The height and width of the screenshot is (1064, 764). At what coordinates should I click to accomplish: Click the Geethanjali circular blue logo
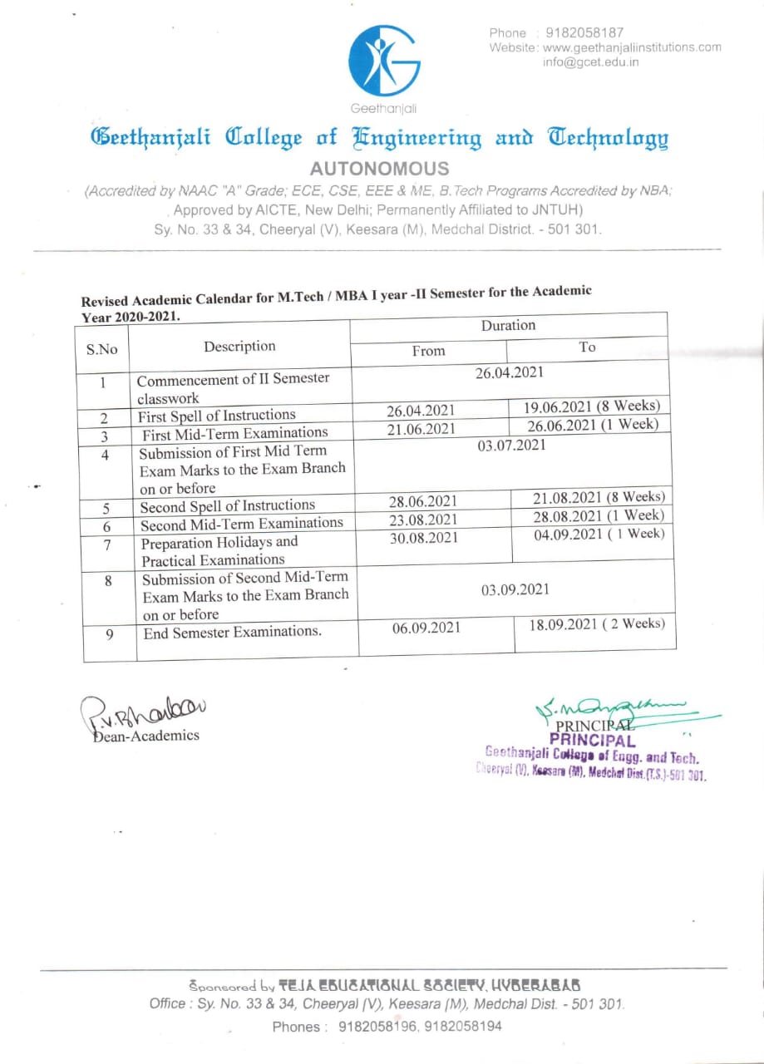[x=384, y=61]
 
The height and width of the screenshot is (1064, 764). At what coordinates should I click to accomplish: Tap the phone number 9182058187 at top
[x=584, y=33]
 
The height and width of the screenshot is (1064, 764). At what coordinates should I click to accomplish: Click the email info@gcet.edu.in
[x=591, y=62]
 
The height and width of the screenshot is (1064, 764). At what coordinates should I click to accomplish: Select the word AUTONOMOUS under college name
[x=379, y=169]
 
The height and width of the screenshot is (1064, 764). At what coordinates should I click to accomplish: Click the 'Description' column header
[x=239, y=346]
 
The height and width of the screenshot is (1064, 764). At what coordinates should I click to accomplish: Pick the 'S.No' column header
[x=102, y=349]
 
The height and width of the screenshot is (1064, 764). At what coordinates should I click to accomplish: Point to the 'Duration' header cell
[x=508, y=325]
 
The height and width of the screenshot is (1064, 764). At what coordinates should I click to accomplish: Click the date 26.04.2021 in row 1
[x=509, y=373]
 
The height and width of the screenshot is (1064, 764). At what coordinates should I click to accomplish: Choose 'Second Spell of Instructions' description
[x=227, y=505]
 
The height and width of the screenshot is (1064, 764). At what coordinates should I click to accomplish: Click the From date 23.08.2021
[x=423, y=520]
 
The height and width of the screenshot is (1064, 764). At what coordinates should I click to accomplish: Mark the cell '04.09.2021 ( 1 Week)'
[x=599, y=534]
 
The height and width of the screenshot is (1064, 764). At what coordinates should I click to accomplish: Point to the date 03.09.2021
[x=515, y=589]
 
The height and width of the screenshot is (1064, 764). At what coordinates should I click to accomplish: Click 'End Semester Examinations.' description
[x=232, y=632]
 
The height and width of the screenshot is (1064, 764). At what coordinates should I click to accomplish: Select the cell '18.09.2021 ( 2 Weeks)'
[x=596, y=623]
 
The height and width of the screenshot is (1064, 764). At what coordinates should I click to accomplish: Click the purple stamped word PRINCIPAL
[x=592, y=741]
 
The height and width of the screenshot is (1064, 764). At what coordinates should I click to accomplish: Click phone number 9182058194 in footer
[x=463, y=1027]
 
